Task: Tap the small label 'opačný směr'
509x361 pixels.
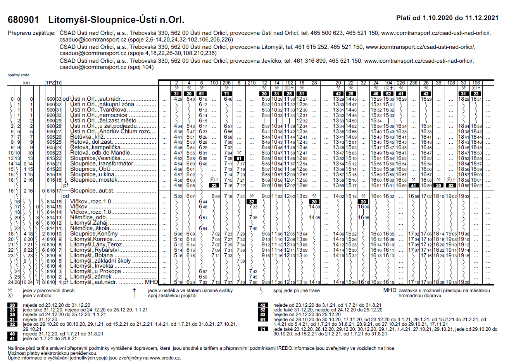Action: [x=18, y=75]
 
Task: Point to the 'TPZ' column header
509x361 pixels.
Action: [x=50, y=83]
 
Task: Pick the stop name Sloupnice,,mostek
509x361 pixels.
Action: [x=94, y=180]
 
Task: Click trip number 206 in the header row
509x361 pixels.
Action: [x=227, y=83]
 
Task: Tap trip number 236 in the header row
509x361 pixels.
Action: [x=413, y=83]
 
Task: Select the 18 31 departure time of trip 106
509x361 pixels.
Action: [x=476, y=99]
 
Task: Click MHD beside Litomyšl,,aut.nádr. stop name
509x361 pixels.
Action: [x=151, y=282]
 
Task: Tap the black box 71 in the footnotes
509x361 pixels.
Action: [x=262, y=329]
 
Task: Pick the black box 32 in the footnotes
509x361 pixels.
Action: [x=12, y=324]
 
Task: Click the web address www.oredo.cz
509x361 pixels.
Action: [x=165, y=358]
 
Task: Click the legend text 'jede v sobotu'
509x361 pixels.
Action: [x=37, y=296]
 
